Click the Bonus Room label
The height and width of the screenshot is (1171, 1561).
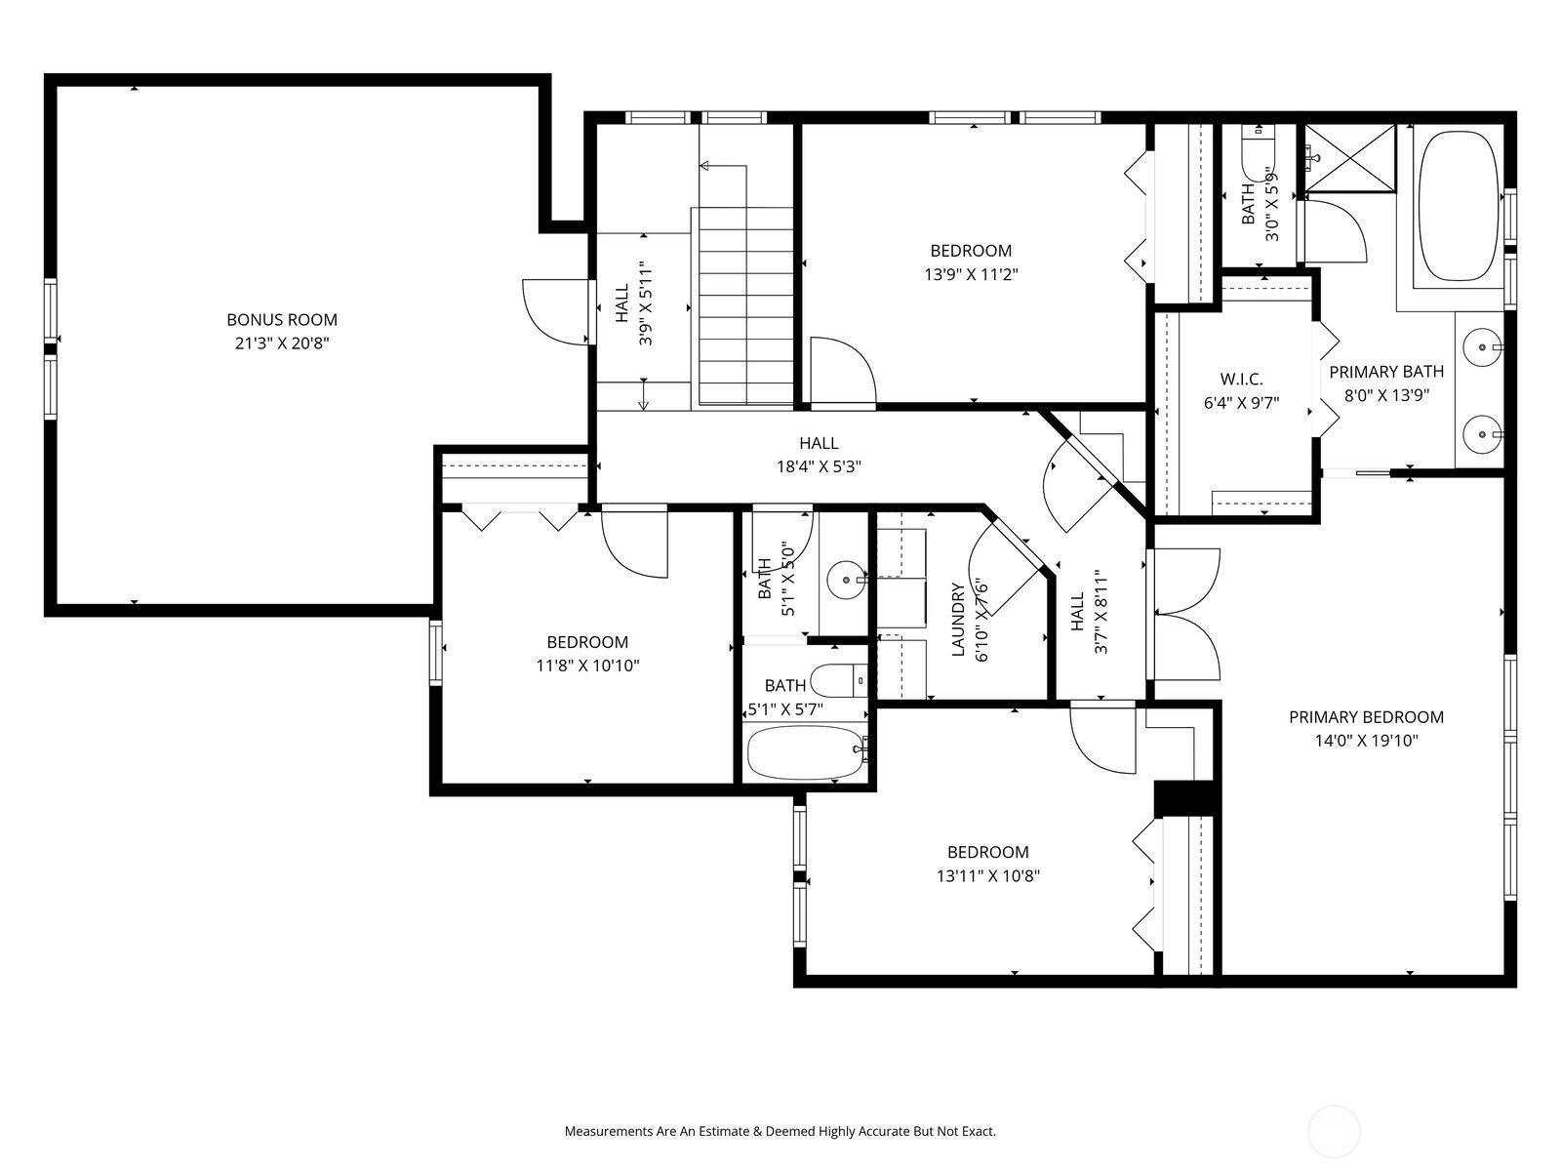(x=282, y=320)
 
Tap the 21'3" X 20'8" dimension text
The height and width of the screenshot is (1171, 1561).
(x=282, y=343)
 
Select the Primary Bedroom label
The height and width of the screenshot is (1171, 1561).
(x=1366, y=716)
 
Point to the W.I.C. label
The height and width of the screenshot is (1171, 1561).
(x=1242, y=379)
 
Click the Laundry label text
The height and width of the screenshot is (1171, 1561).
(x=958, y=620)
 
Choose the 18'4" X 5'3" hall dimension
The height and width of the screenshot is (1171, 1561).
(x=819, y=466)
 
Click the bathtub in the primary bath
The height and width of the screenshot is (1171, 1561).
(x=1457, y=206)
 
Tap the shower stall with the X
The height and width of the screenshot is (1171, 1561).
(x=1350, y=158)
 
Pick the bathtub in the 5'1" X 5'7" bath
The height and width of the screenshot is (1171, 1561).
(x=805, y=753)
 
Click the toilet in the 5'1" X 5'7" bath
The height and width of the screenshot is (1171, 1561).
(x=839, y=680)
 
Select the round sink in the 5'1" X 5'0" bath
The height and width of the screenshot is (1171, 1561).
(x=846, y=581)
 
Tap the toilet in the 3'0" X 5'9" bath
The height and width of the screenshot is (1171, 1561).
(x=1258, y=152)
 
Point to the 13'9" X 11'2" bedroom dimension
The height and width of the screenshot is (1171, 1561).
(x=971, y=274)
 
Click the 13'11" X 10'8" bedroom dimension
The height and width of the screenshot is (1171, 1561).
(x=987, y=876)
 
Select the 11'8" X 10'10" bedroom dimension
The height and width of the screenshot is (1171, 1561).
(x=587, y=666)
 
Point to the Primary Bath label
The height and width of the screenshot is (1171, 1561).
(x=1386, y=372)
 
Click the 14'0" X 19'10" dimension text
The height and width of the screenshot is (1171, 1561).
(x=1366, y=741)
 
